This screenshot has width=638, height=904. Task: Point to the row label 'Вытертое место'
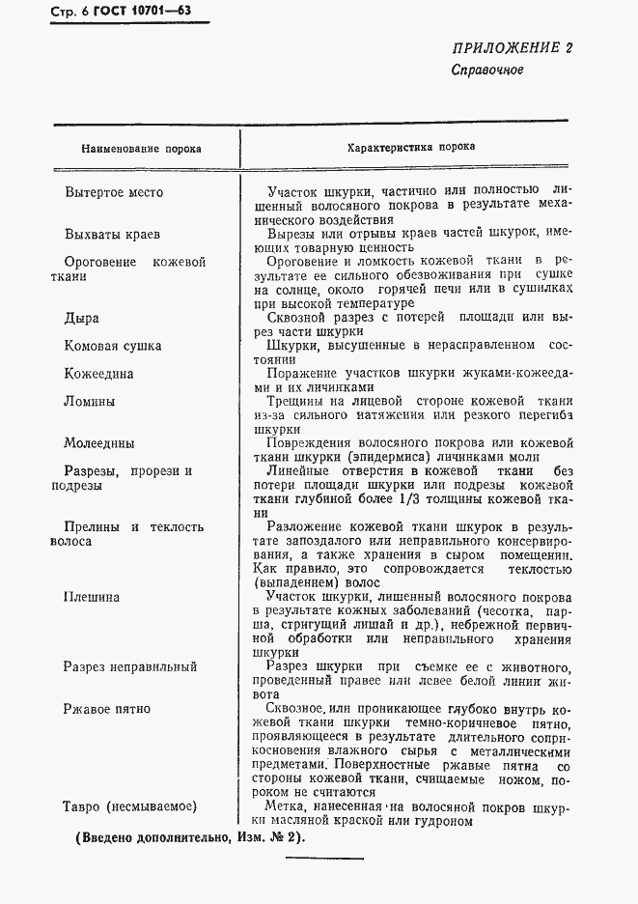pos(114,192)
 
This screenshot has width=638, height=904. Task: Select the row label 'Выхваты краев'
pos(112,235)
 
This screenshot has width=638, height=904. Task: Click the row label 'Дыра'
pos(81,317)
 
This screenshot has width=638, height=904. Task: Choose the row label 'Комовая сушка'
pos(113,346)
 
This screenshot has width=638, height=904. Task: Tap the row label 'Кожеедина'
pos(98,374)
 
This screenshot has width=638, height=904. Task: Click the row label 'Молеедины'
pos(99,444)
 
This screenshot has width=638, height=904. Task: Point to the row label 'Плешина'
pos(93,597)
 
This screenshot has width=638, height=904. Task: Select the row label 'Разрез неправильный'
pos(129,667)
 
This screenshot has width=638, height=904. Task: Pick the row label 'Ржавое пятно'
pos(106,710)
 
